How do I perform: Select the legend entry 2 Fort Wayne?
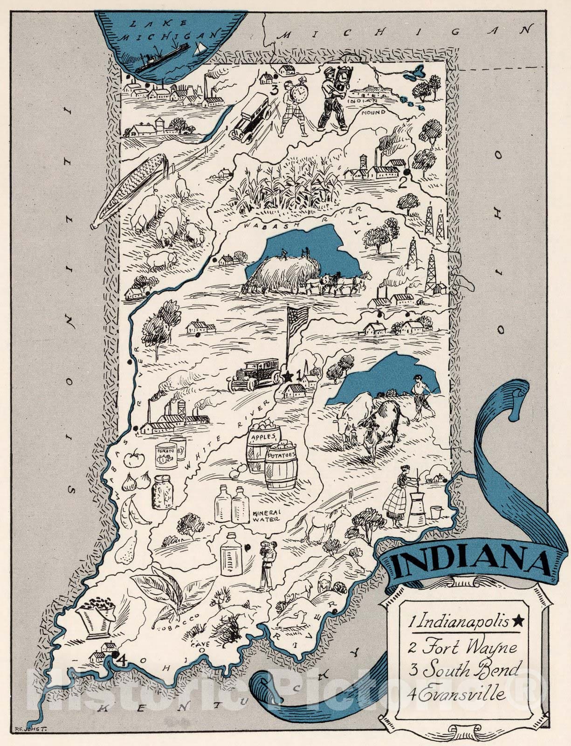point(463,648)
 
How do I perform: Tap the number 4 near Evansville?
point(122,659)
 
